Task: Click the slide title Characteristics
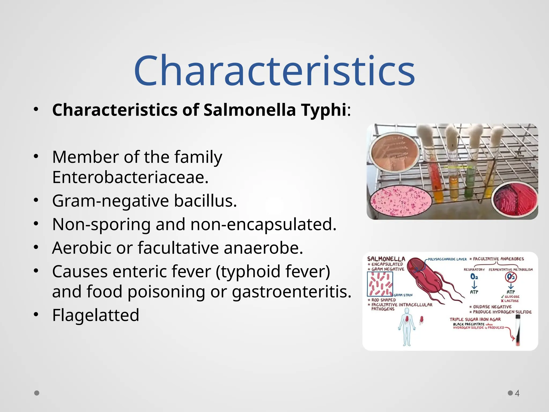(274, 71)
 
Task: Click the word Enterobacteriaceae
(130, 177)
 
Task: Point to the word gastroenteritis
(291, 292)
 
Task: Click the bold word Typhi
(324, 110)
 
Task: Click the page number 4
(517, 393)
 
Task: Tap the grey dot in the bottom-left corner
(37, 393)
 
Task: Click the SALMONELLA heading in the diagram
(386, 259)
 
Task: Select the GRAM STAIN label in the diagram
(403, 295)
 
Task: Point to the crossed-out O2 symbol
(511, 277)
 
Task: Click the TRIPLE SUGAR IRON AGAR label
(475, 319)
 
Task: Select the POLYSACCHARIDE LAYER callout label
(447, 259)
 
